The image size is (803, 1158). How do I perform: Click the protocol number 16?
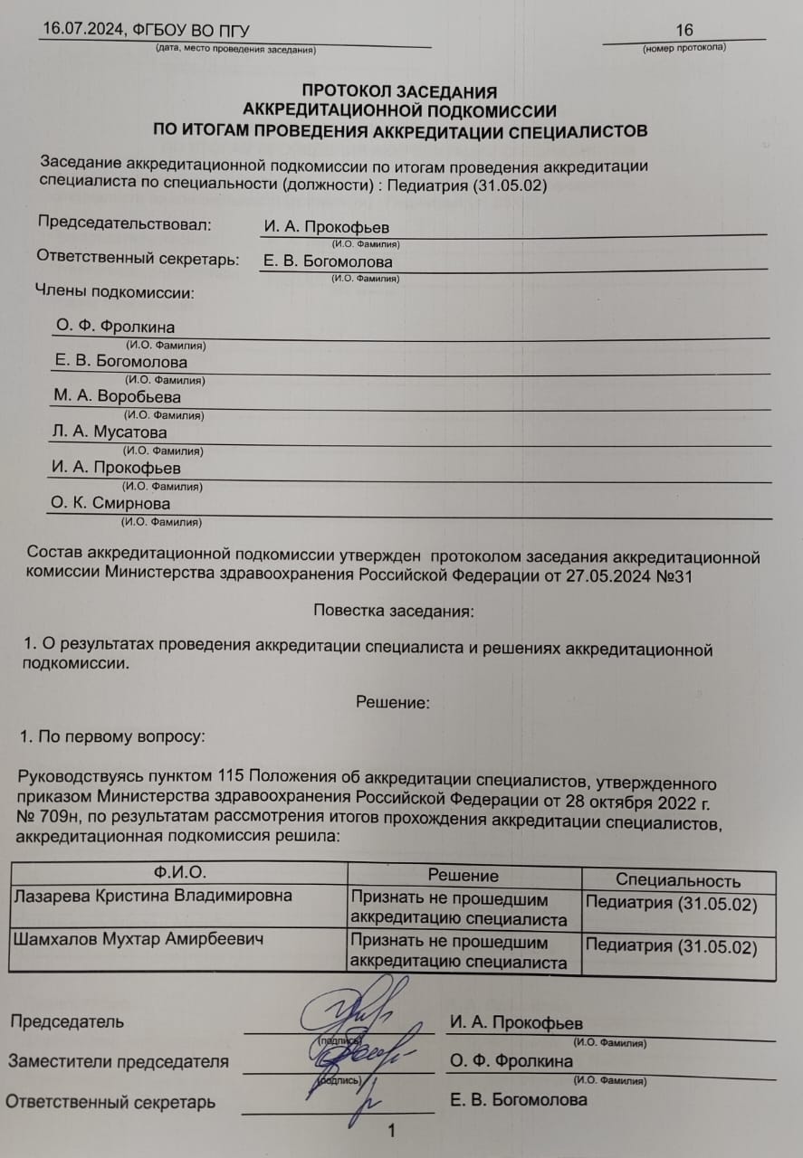click(684, 31)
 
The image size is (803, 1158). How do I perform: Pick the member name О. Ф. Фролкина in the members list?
click(115, 327)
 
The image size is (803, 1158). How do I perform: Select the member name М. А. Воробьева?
click(117, 396)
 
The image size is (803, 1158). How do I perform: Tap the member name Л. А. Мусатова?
click(109, 432)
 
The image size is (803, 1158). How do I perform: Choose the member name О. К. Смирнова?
click(110, 503)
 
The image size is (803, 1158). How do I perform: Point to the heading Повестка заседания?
click(393, 611)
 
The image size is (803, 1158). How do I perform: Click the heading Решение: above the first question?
click(392, 702)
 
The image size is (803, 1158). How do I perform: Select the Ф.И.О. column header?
click(179, 872)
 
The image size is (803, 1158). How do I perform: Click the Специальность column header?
click(678, 880)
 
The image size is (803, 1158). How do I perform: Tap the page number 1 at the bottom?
click(391, 1131)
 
